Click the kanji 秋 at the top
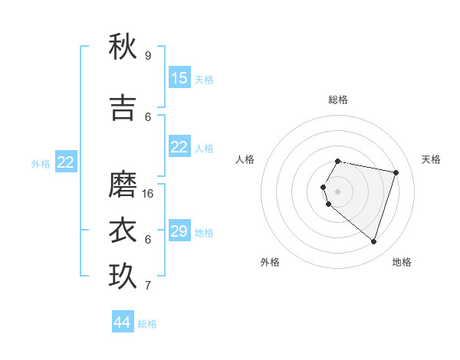tap(123, 47)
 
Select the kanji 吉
tap(123, 107)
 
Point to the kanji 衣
tap(123, 230)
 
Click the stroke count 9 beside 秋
tap(148, 56)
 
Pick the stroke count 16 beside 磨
tap(148, 194)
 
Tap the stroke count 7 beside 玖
tap(148, 286)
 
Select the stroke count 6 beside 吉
tap(148, 117)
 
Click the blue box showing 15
tap(179, 78)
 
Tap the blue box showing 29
tap(179, 231)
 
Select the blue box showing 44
tap(123, 322)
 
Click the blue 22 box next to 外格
tap(66, 162)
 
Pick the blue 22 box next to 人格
tap(179, 147)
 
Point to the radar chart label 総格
tap(338, 100)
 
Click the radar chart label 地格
tap(402, 262)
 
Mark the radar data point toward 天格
tap(396, 172)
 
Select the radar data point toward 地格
tap(373, 242)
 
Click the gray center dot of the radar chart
tap(338, 191)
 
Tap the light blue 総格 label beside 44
tap(147, 324)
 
